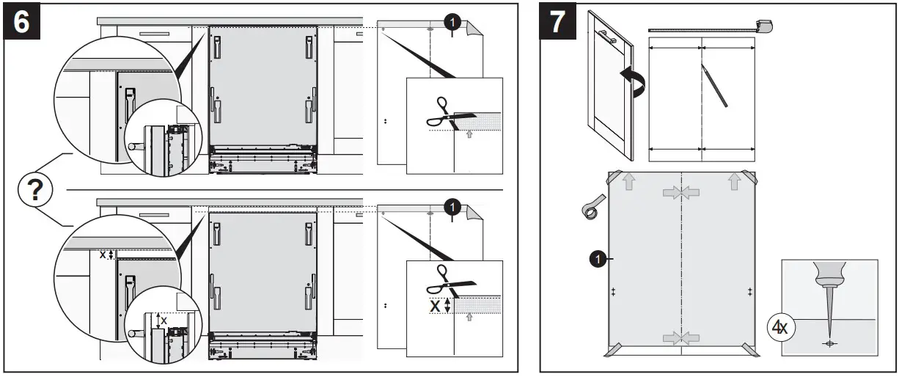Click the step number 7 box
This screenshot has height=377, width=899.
click(x=559, y=22)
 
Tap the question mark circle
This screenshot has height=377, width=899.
click(x=34, y=191)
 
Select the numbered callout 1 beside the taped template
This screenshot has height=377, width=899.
click(x=598, y=258)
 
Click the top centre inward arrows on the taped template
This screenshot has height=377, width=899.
click(x=681, y=193)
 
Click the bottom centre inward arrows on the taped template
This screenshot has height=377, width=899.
click(x=681, y=338)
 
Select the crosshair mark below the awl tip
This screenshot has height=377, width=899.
click(x=829, y=343)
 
